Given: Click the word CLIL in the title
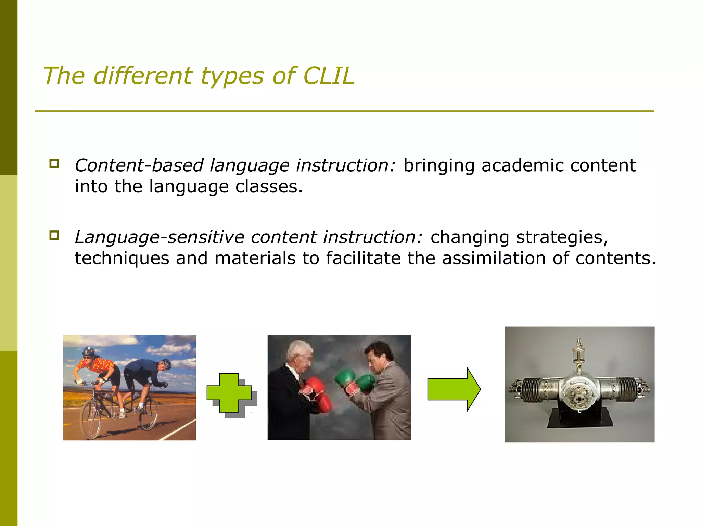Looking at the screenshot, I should coord(328,76).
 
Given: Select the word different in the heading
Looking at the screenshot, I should coord(143,76).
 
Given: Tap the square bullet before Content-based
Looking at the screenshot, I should coord(54,163).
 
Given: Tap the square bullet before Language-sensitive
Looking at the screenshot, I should coord(54,235).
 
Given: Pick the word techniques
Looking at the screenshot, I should coord(122,259).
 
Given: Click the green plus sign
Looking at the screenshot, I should coord(229,393).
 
